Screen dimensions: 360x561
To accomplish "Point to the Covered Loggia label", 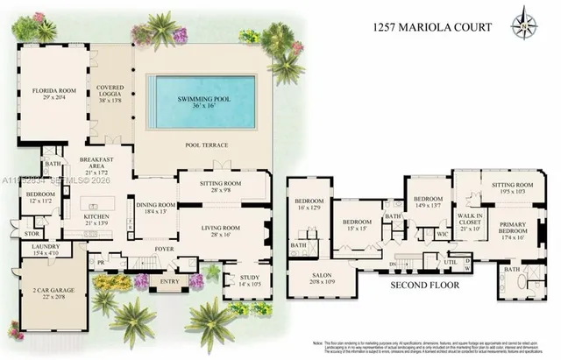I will [110, 93].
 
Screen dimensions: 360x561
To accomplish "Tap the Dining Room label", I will [155, 208].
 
